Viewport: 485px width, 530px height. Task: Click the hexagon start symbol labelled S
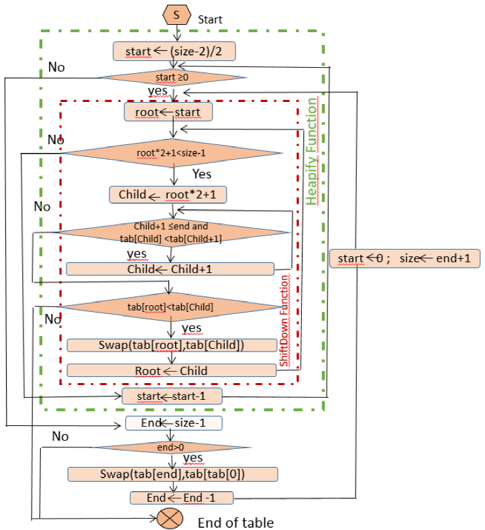(x=176, y=13)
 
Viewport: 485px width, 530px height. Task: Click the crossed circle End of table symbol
(x=168, y=518)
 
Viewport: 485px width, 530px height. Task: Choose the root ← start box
(x=168, y=111)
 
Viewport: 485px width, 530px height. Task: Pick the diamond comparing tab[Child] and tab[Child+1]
(x=174, y=232)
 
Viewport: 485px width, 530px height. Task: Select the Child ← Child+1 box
(x=170, y=268)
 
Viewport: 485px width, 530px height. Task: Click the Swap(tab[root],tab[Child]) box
(x=172, y=345)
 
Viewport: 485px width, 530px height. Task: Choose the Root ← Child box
(x=172, y=370)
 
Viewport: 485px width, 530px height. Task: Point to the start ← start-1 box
(x=172, y=396)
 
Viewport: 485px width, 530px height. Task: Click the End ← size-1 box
(x=173, y=423)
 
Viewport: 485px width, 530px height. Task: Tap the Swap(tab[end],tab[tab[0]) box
(x=172, y=474)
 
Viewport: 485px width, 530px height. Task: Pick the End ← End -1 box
(x=181, y=498)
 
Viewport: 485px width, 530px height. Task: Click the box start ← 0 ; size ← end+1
(x=405, y=258)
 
